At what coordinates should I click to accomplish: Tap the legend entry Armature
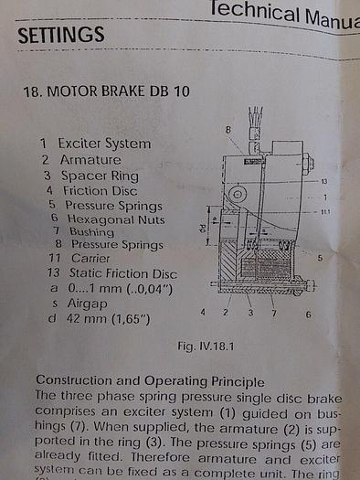point(90,160)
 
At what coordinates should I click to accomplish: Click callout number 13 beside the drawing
point(323,182)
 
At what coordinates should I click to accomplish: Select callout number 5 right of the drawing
point(320,259)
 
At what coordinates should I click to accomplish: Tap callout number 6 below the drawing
point(308,314)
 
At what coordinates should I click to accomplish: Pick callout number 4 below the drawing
point(203,313)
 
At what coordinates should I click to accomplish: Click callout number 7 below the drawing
point(273,313)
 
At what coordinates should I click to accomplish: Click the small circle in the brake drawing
point(237,195)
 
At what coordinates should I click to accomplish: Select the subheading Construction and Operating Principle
point(149,380)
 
